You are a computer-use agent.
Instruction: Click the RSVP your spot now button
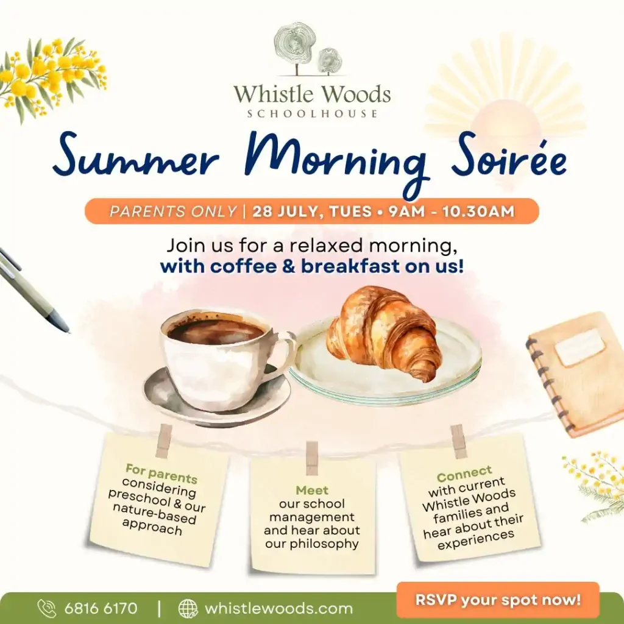pyautogui.click(x=498, y=600)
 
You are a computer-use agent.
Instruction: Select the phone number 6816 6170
pyautogui.click(x=101, y=608)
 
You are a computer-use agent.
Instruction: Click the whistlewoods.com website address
pyautogui.click(x=278, y=608)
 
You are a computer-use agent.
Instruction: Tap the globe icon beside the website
pyautogui.click(x=188, y=608)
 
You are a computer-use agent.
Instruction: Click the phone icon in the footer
pyautogui.click(x=47, y=608)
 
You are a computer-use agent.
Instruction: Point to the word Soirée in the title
pyautogui.click(x=509, y=158)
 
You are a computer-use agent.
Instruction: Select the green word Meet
pyautogui.click(x=312, y=490)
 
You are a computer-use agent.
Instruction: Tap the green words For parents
pyautogui.click(x=161, y=473)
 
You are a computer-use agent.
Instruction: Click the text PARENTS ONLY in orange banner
pyautogui.click(x=174, y=211)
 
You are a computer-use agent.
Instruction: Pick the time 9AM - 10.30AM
pyautogui.click(x=452, y=211)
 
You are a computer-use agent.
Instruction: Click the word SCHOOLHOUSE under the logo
pyautogui.click(x=312, y=114)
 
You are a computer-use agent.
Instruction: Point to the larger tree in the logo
pyautogui.click(x=295, y=47)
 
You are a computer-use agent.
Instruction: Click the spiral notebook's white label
pyautogui.click(x=580, y=347)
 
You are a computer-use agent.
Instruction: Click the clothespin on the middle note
pyautogui.click(x=312, y=458)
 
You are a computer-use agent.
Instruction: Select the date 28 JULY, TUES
pyautogui.click(x=312, y=211)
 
